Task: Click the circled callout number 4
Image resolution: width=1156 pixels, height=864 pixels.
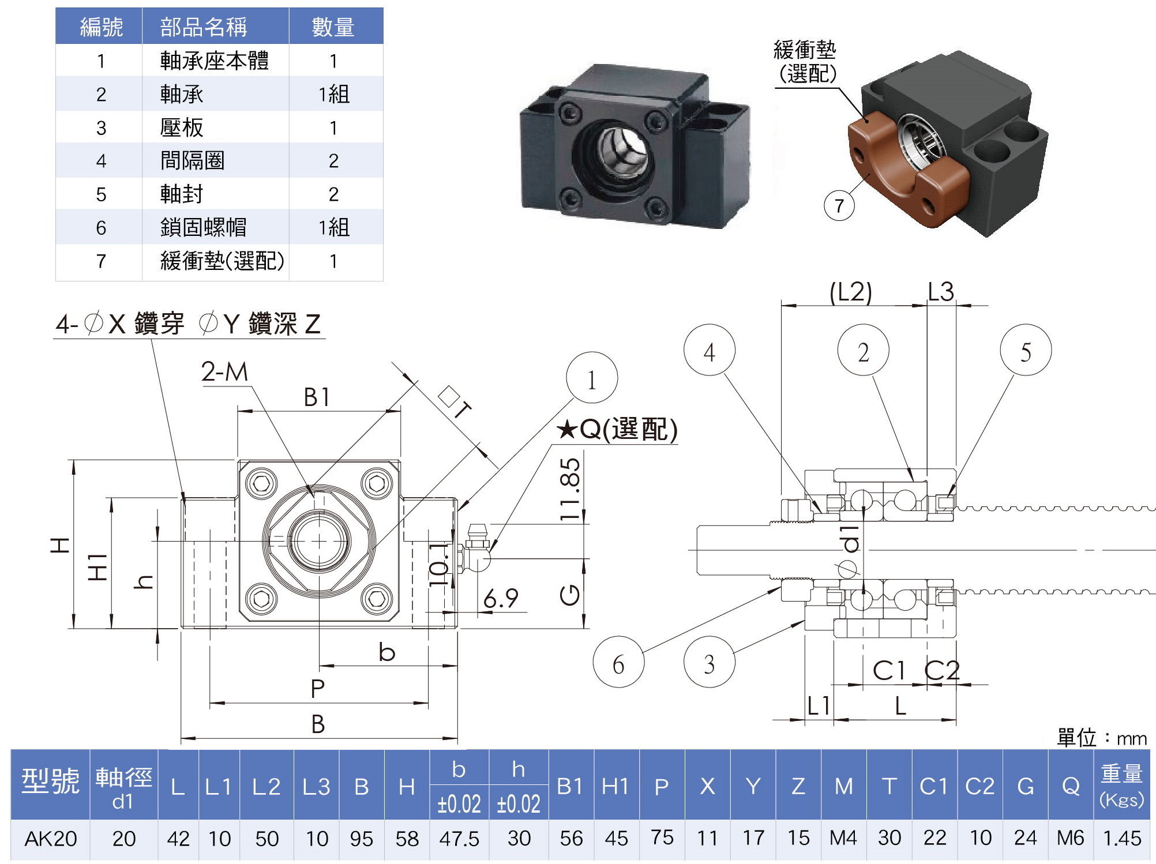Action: point(709,351)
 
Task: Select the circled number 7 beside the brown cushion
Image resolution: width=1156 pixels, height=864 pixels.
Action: point(839,205)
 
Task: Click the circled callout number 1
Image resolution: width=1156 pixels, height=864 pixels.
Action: point(592,378)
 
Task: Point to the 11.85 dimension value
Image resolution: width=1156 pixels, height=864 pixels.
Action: point(570,489)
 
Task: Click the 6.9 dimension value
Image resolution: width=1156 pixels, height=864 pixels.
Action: point(501,598)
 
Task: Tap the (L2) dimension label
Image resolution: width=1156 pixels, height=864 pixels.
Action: point(850,292)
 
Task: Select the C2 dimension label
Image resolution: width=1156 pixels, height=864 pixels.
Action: point(941,670)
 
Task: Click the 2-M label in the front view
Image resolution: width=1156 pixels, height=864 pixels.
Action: point(224,371)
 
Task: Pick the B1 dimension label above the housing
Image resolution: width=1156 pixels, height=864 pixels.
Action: point(317,397)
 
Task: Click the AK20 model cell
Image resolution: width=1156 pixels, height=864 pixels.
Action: point(50,838)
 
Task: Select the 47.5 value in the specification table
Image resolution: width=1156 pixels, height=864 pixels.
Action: point(459,838)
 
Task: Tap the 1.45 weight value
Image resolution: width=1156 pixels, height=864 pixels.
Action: point(1121,838)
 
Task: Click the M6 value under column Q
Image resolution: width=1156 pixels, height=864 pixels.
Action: point(1070,838)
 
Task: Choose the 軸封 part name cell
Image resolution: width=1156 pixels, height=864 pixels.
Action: point(182,194)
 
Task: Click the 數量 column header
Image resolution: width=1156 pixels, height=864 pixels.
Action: point(333,27)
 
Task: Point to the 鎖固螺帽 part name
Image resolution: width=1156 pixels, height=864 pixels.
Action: point(203,227)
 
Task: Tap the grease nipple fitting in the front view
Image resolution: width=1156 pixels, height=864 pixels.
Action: point(476,548)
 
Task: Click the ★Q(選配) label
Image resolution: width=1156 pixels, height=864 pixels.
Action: point(617,429)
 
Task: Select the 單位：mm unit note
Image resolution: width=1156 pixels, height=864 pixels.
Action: point(1101,738)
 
